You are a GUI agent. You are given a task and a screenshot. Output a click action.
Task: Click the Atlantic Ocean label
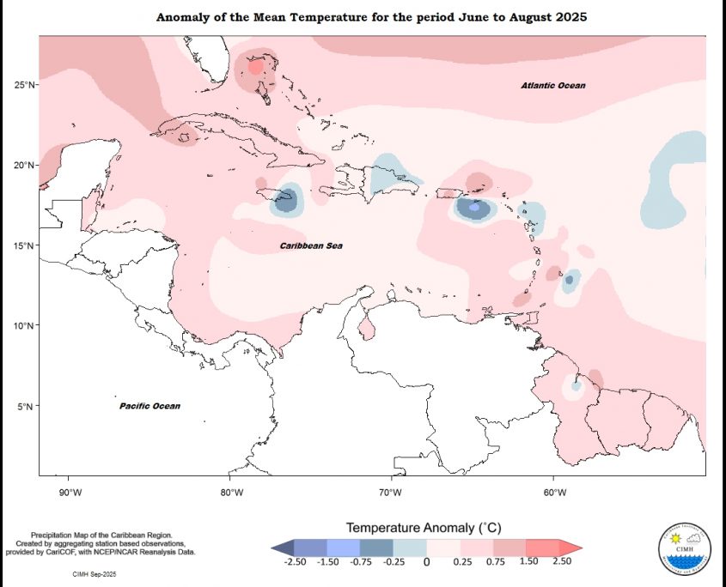[553, 86]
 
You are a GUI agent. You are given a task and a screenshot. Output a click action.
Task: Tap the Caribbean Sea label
[311, 246]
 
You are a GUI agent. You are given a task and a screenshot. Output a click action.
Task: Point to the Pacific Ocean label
[149, 406]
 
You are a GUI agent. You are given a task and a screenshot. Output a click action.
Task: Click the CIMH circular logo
[685, 547]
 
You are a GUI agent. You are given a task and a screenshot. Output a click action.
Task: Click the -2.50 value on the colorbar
[296, 561]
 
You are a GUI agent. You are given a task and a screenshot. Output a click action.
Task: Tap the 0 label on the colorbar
[426, 562]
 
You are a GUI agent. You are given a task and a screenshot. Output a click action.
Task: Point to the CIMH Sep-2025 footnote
[95, 571]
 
